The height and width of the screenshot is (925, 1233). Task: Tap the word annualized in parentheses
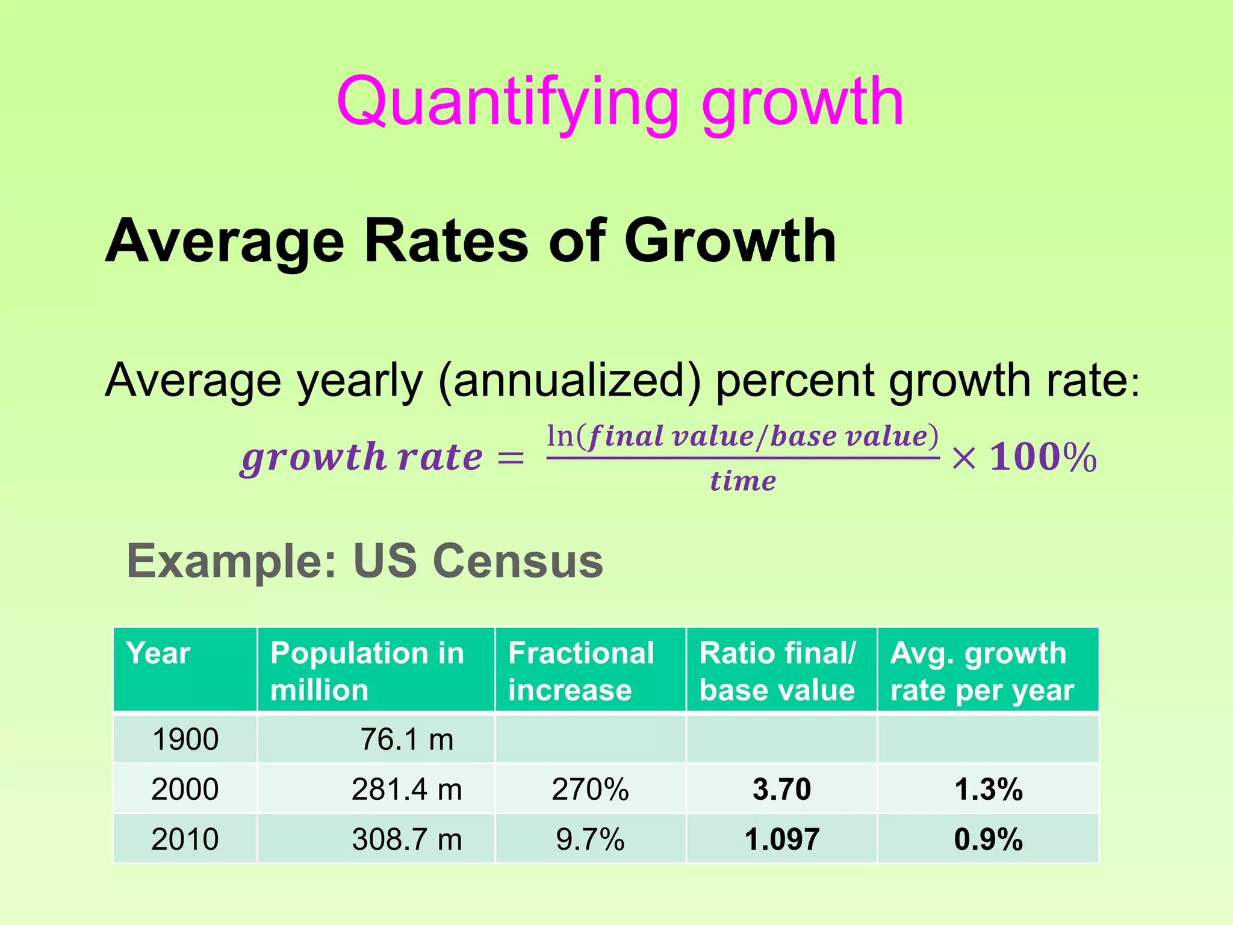(x=570, y=381)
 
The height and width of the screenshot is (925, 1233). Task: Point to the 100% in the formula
(x=1043, y=458)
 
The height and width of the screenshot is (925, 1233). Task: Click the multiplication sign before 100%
(x=963, y=459)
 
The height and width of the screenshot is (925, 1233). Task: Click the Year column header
(x=158, y=653)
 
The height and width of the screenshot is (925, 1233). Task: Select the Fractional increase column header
(x=581, y=671)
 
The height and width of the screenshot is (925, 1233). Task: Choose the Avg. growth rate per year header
(x=981, y=671)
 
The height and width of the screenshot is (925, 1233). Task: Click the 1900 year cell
(x=185, y=740)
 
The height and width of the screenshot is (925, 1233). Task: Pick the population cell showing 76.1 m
(x=406, y=740)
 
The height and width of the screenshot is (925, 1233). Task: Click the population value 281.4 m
(x=406, y=790)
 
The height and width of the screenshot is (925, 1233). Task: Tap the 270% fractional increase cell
(x=590, y=790)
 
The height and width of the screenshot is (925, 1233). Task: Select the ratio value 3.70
(x=781, y=790)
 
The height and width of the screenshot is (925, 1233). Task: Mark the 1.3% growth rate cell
(x=988, y=790)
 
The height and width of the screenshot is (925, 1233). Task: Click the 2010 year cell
(x=185, y=839)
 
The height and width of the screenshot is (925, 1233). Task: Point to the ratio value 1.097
(x=781, y=839)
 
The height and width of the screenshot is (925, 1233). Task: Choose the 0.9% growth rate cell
(x=988, y=839)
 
